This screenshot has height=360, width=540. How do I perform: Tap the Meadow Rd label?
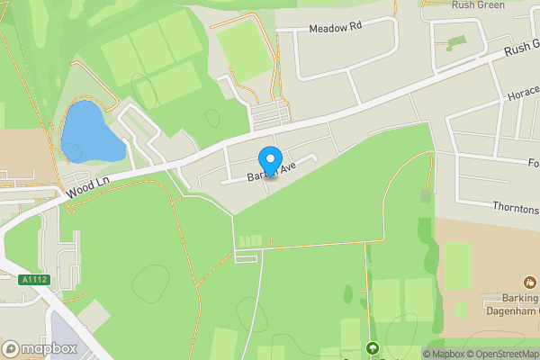click(x=334, y=29)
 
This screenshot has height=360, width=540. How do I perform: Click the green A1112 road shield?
click(x=32, y=280)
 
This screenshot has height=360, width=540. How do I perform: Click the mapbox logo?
click(x=40, y=348)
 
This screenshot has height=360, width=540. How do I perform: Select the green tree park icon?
click(x=372, y=348)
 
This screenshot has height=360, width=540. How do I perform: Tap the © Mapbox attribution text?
click(x=445, y=354)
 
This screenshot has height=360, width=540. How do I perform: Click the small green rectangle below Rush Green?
click(x=456, y=42)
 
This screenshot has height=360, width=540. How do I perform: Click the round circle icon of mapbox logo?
click(x=11, y=348)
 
